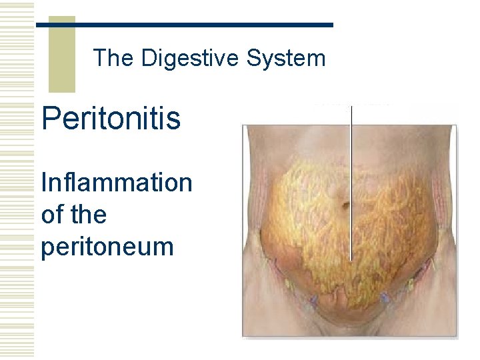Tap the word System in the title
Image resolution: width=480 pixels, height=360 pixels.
click(x=286, y=59)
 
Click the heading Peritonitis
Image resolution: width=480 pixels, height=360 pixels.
click(x=111, y=119)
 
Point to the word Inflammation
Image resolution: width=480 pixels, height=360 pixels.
click(x=116, y=182)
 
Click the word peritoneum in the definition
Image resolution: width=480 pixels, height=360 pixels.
click(x=107, y=247)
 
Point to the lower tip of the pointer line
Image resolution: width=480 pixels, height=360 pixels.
click(x=351, y=259)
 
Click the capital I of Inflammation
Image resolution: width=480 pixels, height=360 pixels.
click(x=44, y=182)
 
